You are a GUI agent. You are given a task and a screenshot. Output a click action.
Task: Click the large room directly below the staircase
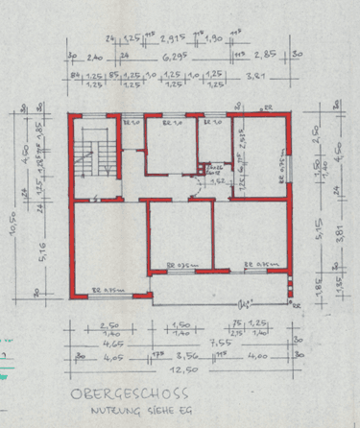tap(108, 245)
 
